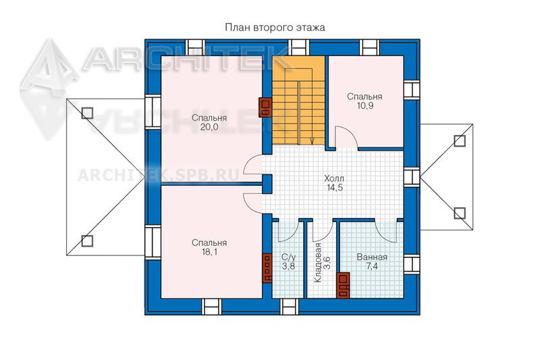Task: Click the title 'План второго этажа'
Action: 275,28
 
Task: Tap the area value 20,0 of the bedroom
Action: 209,127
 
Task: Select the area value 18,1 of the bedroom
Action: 209,252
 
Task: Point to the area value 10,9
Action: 364,106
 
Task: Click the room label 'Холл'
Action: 334,179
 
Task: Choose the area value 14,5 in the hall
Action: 334,188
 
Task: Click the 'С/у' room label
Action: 289,257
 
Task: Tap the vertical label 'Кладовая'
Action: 317,263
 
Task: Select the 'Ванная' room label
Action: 372,257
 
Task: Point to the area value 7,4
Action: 372,266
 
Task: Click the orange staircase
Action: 299,100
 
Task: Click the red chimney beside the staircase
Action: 265,108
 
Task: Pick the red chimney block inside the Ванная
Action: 344,285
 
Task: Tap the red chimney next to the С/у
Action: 267,268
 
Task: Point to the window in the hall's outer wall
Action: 412,177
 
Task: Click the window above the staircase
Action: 298,47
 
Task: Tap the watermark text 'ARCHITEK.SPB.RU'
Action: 159,176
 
